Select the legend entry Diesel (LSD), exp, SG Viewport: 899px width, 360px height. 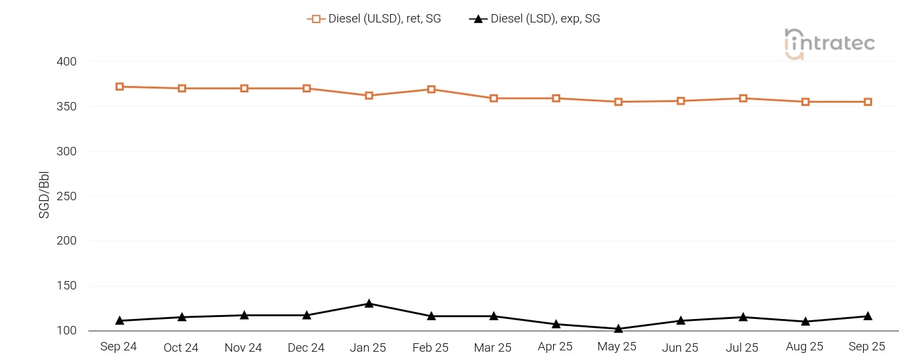(535, 19)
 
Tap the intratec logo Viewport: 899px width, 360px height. (829, 44)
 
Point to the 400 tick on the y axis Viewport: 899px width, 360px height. (67, 62)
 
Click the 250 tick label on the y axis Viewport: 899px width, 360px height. (67, 196)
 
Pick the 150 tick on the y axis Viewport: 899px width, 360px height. (67, 286)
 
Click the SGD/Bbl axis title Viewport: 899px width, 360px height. (44, 196)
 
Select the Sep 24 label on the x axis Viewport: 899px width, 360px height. (119, 347)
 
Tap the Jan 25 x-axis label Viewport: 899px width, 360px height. (368, 347)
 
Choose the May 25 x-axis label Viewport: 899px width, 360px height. (617, 347)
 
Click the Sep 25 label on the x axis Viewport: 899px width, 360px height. (867, 347)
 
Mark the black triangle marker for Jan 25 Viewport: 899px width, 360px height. (369, 304)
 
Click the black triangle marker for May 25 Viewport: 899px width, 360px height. (619, 329)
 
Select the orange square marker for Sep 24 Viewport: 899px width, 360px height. (120, 87)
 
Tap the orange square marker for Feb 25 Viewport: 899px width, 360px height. (431, 89)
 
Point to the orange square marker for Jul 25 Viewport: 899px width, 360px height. (743, 98)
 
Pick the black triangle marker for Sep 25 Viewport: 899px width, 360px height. (868, 316)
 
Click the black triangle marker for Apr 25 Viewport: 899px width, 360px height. (556, 324)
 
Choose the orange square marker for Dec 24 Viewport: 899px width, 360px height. (307, 89)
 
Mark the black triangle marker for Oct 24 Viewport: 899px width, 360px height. (182, 317)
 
